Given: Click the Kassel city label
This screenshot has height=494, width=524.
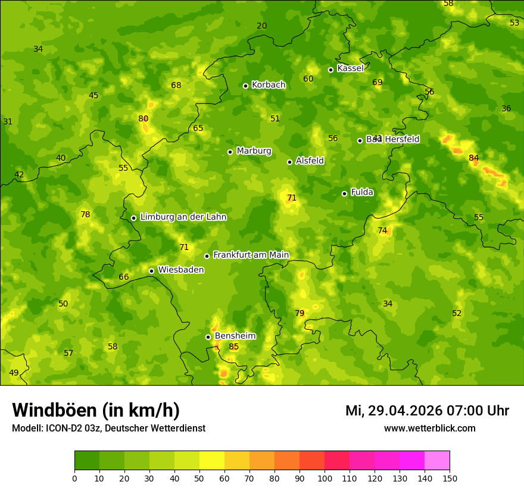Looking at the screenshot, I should tap(350, 68).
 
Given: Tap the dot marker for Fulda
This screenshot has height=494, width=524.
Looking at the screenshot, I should tap(344, 193).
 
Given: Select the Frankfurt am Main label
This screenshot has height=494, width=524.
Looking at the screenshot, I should tap(251, 255).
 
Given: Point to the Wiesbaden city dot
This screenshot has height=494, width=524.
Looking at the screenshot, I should tap(151, 271).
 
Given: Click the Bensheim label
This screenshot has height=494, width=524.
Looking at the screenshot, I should tap(235, 336).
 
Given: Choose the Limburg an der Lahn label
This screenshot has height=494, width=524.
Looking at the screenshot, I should tap(183, 217).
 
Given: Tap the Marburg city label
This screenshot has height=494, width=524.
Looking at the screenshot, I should tap(254, 151).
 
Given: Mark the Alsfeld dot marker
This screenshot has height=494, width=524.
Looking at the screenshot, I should tap(289, 162).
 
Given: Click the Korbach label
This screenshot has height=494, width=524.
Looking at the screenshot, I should tap(269, 85).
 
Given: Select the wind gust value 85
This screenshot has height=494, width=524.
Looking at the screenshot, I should tap(234, 347).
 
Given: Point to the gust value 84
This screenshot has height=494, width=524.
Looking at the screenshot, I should tap(474, 158).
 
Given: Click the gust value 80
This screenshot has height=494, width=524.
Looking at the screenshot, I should tap(144, 118).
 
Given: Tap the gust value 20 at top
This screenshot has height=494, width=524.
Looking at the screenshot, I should tap(262, 26).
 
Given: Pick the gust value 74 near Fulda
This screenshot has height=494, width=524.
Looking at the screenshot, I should tap(382, 230).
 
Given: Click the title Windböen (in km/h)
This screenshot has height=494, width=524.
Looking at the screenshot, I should tap(96, 410).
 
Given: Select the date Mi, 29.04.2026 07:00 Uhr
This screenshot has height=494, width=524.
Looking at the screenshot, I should tap(427, 411).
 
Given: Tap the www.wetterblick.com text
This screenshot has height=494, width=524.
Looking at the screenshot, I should tap(429, 428).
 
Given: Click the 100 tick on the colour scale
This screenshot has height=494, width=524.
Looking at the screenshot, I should tap(325, 478).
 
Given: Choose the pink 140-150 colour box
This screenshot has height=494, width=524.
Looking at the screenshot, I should tap(437, 461).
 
